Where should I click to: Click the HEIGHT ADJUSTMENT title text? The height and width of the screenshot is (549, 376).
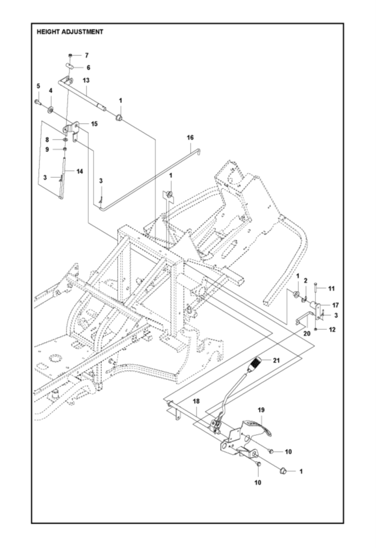(70, 32)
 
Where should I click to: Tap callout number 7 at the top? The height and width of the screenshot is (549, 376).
(86, 55)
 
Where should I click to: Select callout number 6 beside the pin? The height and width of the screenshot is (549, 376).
(88, 67)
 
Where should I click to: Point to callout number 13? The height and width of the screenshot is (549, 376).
(86, 79)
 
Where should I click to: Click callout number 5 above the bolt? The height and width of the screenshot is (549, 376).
(39, 86)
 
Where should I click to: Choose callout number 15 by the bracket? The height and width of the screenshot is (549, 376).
(94, 124)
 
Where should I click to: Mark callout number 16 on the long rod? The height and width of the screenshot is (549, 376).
(189, 137)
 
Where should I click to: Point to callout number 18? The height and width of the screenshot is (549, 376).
(196, 401)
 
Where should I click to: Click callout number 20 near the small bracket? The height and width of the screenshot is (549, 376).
(307, 333)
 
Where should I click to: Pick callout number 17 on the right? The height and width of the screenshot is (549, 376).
(335, 305)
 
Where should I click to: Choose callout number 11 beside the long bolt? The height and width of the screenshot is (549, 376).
(331, 288)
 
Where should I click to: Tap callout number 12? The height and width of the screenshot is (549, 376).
(332, 329)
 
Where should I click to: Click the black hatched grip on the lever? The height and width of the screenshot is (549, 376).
(257, 364)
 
